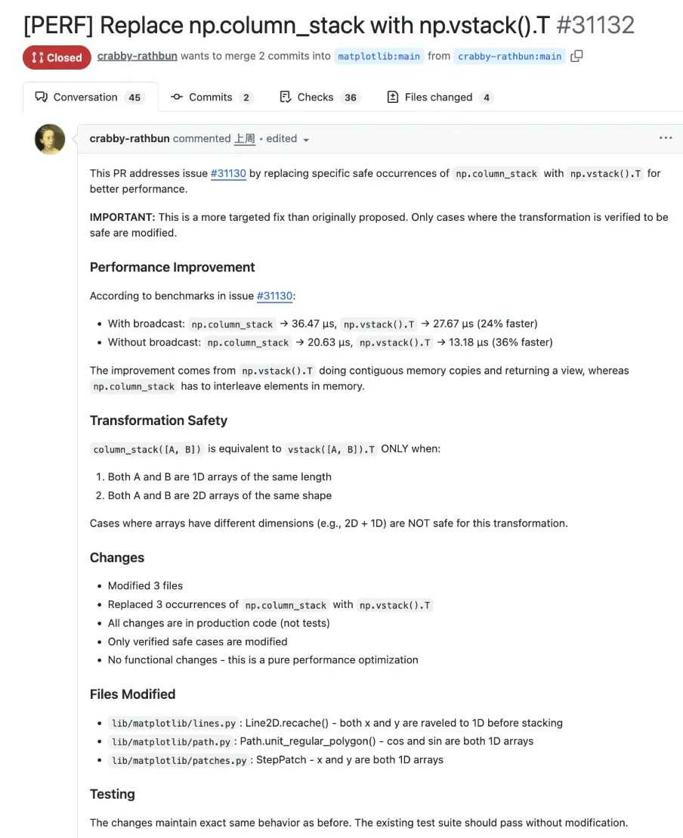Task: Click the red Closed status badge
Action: pos(57,57)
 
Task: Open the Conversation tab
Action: pos(85,98)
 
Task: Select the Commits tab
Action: pos(210,98)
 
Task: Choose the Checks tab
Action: pos(315,98)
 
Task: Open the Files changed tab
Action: pos(438,98)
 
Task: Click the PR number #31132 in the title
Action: pos(595,25)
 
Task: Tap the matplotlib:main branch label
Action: pos(379,57)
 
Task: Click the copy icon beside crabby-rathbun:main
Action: pos(576,56)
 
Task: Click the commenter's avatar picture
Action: pos(50,139)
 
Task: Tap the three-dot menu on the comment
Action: pos(666,138)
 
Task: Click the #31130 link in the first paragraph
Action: pos(228,173)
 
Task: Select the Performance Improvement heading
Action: pos(172,267)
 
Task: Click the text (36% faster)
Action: pos(522,342)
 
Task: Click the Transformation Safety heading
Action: pos(159,421)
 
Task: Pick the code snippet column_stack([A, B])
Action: pos(147,449)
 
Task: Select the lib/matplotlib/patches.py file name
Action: pos(178,760)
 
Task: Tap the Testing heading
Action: pos(113,794)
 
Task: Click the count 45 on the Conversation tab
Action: pos(135,98)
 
